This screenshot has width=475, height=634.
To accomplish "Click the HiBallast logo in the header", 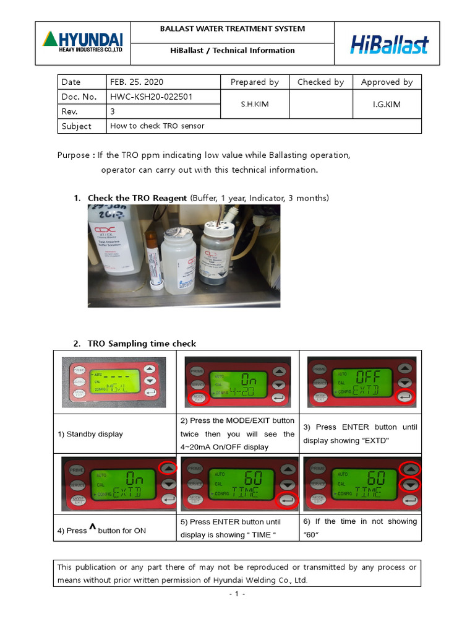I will click(x=389, y=44).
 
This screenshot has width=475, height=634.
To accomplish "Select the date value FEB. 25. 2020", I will click(x=137, y=82).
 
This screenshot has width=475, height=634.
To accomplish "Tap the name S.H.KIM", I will click(x=255, y=104).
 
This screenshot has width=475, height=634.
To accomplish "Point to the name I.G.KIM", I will click(x=387, y=104).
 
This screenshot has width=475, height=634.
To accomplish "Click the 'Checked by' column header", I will click(x=320, y=82).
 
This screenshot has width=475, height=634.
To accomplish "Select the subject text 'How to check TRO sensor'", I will click(x=157, y=126).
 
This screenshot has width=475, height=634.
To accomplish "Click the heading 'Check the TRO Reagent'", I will click(x=137, y=198).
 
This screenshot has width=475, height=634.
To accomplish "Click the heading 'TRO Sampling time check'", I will click(x=142, y=344).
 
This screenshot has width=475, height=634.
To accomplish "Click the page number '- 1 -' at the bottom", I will click(x=237, y=594).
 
